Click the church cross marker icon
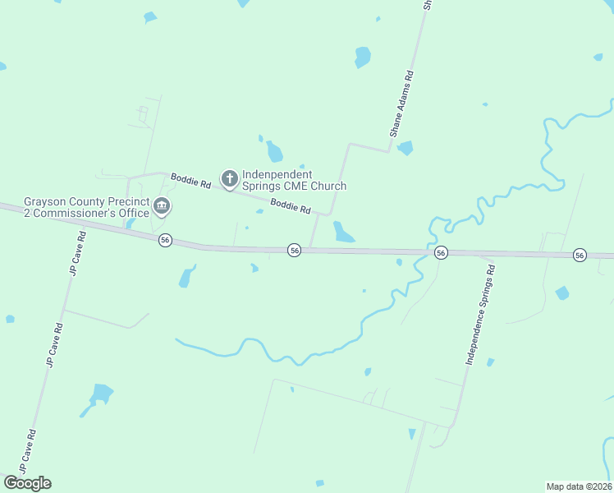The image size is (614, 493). click(x=230, y=177)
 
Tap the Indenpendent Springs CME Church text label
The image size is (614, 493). click(x=294, y=180)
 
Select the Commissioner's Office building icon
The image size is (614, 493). click(x=162, y=206)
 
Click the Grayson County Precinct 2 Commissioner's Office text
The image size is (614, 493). click(x=86, y=207)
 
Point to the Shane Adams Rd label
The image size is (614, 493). click(x=401, y=103)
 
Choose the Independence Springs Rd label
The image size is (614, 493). click(x=481, y=315)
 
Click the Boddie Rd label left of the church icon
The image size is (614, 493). click(x=190, y=181)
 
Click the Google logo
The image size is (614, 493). click(x=27, y=483)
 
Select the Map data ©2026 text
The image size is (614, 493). click(x=579, y=486)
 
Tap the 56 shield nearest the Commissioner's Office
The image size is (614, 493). click(x=165, y=240)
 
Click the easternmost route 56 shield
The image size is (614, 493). click(x=580, y=255)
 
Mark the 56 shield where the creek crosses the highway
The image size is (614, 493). click(x=441, y=252)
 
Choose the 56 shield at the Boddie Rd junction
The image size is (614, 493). click(x=294, y=250)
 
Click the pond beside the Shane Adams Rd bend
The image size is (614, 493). click(x=405, y=148)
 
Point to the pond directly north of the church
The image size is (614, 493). click(x=274, y=151)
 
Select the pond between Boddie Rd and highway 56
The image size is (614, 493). click(x=341, y=233)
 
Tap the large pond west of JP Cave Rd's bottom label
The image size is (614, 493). click(x=100, y=394)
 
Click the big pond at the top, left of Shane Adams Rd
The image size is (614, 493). click(x=362, y=57)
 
